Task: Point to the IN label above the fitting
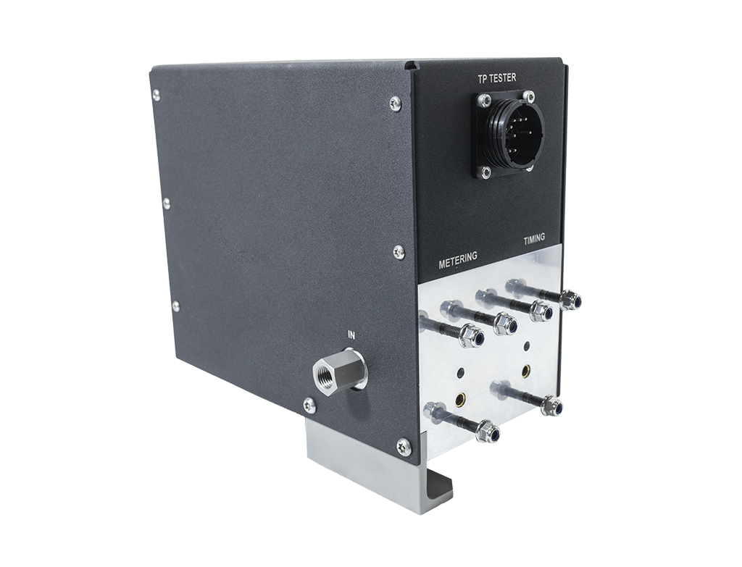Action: click(x=351, y=335)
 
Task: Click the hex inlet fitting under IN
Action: click(x=332, y=373)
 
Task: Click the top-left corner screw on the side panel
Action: click(x=157, y=93)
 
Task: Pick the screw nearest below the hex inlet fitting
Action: click(x=309, y=406)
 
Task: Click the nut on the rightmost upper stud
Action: click(x=570, y=299)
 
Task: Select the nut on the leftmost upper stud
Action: click(x=472, y=336)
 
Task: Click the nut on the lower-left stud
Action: click(x=488, y=432)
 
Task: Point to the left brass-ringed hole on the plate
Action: click(x=459, y=398)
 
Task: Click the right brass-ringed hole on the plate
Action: click(x=526, y=371)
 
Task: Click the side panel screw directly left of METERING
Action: click(x=399, y=252)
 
